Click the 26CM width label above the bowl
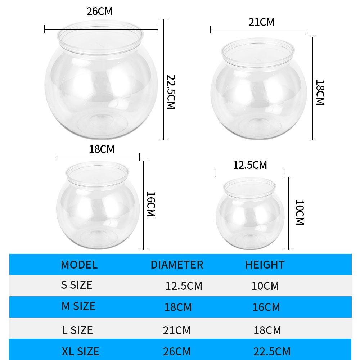(x=99, y=12)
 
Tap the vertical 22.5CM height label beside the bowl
(x=171, y=92)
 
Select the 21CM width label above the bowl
(x=261, y=22)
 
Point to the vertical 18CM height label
(x=320, y=93)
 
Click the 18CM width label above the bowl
(x=102, y=149)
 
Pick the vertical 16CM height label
(x=151, y=204)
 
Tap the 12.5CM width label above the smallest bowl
(x=250, y=165)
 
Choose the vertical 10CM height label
(x=300, y=212)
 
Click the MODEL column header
(x=79, y=265)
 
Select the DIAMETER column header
(x=177, y=265)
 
